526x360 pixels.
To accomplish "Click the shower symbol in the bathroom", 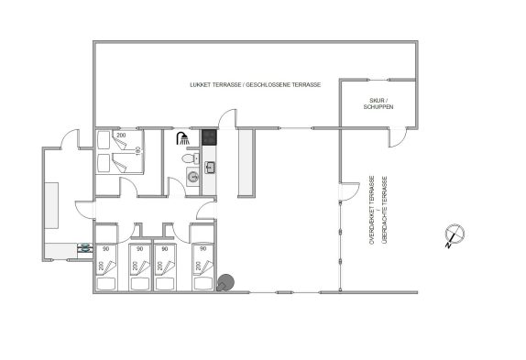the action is [182, 138].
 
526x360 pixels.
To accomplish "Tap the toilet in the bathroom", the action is [191, 158].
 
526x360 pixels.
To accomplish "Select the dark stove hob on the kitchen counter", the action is [209, 137].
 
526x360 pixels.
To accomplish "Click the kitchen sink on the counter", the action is [210, 168].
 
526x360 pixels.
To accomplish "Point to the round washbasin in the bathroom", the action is [192, 177].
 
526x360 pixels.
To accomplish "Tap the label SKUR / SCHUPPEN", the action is [378, 104].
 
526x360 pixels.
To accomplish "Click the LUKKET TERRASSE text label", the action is [215, 85].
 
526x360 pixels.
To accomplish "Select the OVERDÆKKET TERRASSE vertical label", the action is [372, 210].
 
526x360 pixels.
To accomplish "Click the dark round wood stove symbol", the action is [225, 282].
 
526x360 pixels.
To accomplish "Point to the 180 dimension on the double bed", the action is [137, 150].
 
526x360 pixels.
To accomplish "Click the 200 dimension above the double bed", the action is [121, 135].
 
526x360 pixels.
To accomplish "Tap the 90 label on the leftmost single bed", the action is [106, 249].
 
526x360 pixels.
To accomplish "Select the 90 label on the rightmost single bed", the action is [203, 249].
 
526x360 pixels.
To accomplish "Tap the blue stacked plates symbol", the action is [85, 247].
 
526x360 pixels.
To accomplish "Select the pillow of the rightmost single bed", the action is [203, 284].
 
